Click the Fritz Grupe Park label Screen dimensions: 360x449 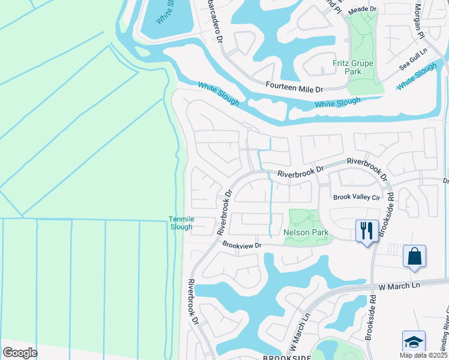[353, 67]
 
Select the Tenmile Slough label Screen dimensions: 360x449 [181, 223]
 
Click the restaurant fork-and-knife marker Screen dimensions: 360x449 [367, 230]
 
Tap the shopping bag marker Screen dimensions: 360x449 [414, 256]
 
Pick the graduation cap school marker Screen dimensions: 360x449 [414, 342]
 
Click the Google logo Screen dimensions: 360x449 [20, 353]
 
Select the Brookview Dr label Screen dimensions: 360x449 [243, 245]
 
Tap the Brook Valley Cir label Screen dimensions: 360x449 [357, 197]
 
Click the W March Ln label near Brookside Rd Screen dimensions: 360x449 [400, 286]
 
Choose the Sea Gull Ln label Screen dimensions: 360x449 [412, 64]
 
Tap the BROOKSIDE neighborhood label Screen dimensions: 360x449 [286, 357]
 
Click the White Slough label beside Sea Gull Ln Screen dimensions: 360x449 [417, 74]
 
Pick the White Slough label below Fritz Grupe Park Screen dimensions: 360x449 [337, 103]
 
